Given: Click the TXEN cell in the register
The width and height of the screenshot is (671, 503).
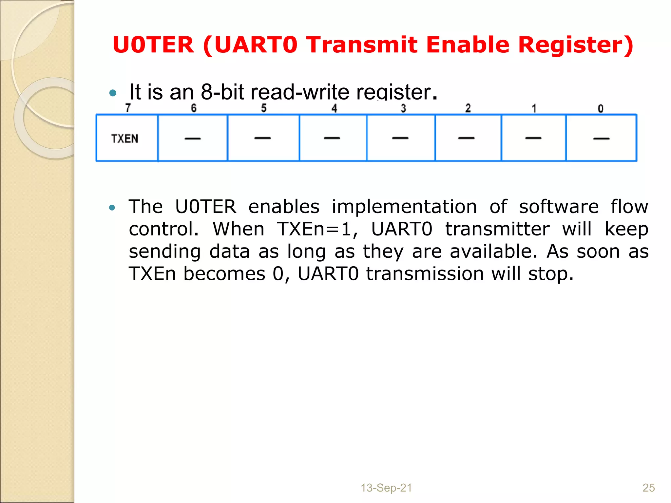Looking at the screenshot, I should (125, 139).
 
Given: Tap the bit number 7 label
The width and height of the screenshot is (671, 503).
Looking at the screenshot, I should (128, 108).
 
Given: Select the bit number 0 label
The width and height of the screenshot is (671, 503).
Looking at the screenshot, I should (601, 108).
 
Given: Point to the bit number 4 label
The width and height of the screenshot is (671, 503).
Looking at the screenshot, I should (334, 108).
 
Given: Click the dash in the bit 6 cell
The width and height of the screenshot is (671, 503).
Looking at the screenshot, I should (193, 139).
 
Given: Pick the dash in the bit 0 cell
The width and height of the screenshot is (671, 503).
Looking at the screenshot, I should (601, 139).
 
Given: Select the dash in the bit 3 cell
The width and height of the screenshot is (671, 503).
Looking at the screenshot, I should (400, 138).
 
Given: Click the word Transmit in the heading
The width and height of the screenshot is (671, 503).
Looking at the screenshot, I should (362, 45).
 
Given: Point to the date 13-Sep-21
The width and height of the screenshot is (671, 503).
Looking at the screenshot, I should (386, 488).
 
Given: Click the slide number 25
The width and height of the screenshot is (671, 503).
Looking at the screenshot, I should (648, 488).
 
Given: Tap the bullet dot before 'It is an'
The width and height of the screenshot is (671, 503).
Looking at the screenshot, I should (113, 93).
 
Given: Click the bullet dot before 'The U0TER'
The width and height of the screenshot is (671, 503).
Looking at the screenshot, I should (112, 208).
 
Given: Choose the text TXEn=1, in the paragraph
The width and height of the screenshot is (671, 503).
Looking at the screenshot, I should (318, 229).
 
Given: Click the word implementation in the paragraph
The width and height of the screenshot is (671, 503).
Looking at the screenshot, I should (404, 207).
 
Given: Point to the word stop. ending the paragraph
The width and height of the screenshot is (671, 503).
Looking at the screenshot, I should (551, 274).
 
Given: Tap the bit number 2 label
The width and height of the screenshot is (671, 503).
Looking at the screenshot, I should (468, 108).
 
